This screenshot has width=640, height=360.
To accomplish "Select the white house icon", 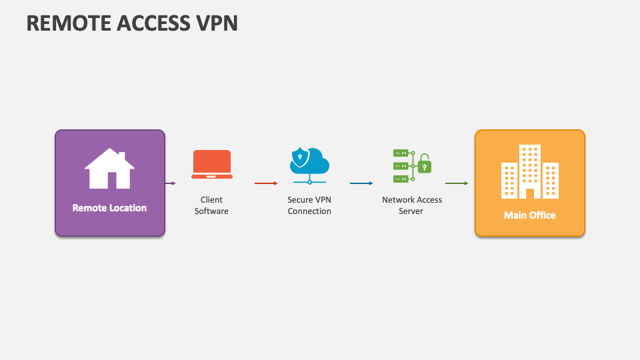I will click(x=109, y=168).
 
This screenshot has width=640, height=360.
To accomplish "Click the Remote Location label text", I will click(x=109, y=208).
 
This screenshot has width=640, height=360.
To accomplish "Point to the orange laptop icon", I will click(x=212, y=164).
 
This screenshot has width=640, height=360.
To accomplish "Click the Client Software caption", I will click(x=211, y=205).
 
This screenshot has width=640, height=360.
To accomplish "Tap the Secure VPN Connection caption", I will click(x=309, y=205).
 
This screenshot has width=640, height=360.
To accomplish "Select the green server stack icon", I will click(x=401, y=165).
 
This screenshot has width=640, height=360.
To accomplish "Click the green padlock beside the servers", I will click(x=424, y=165).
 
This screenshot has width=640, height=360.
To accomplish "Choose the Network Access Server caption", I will click(x=412, y=205).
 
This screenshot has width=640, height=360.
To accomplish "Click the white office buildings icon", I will click(x=529, y=172).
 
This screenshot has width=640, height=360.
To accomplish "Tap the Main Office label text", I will click(x=529, y=215).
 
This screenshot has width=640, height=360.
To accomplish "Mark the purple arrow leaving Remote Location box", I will click(x=171, y=183).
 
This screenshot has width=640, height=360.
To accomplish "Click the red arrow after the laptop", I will click(x=265, y=183).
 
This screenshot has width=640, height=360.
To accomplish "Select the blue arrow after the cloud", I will click(x=361, y=183).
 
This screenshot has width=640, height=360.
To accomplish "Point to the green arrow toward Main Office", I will click(x=457, y=183).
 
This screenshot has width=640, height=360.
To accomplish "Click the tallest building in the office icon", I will click(x=530, y=170).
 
